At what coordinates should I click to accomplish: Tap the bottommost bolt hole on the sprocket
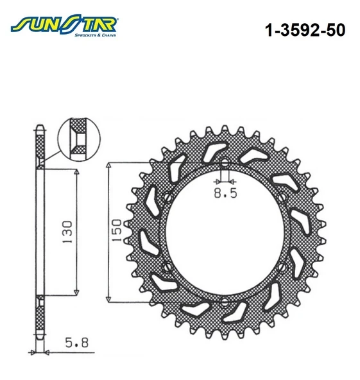224,301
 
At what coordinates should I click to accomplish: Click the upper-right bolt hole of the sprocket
282,198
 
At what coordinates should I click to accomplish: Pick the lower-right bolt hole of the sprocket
282,267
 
